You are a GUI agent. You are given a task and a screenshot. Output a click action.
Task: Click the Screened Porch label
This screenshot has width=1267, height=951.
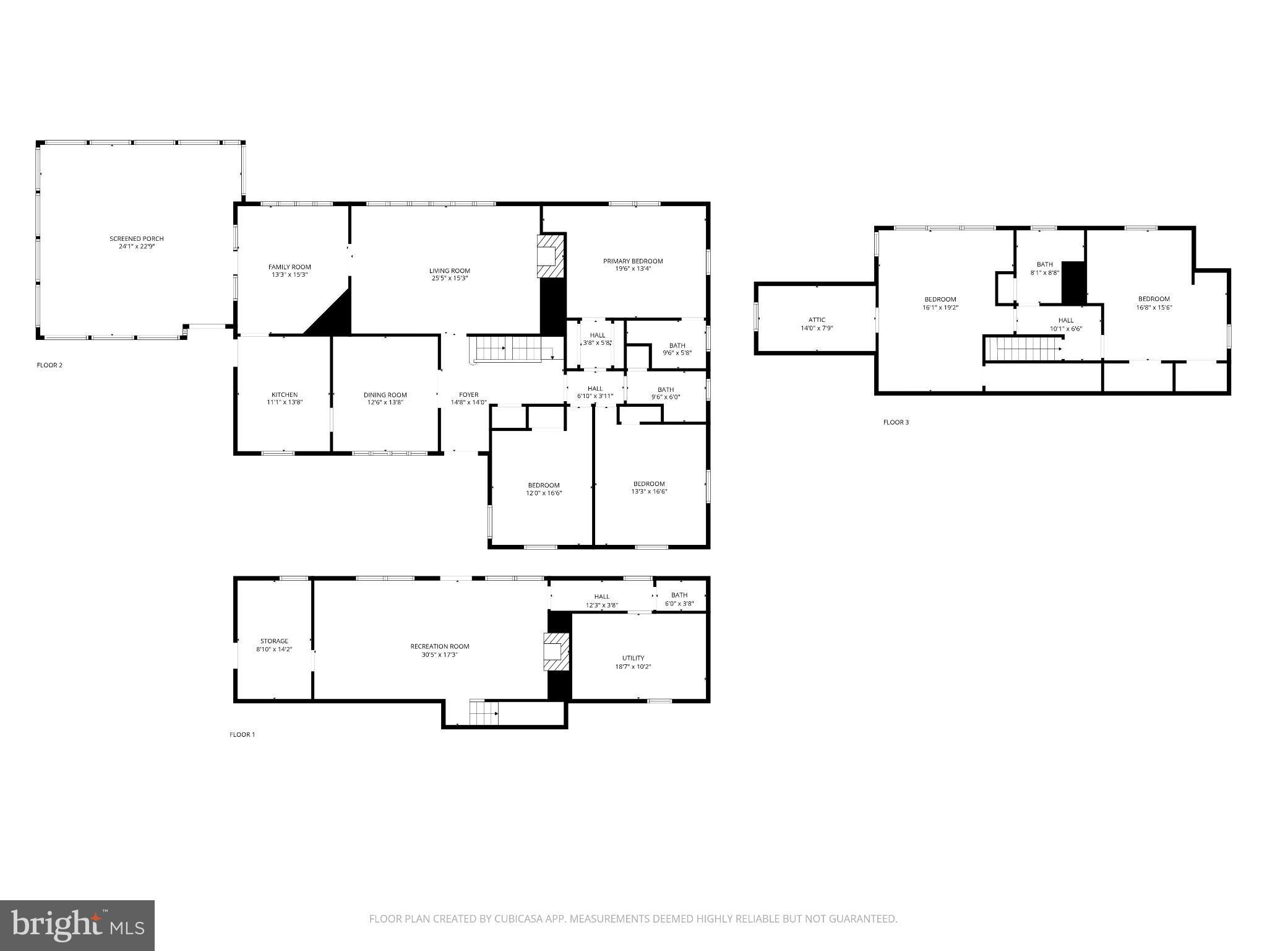tap(137, 238)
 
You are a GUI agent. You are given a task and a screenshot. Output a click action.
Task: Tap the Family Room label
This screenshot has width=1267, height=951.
tap(290, 267)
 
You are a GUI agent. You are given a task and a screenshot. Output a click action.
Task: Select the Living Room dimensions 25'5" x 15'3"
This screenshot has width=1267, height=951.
tap(450, 278)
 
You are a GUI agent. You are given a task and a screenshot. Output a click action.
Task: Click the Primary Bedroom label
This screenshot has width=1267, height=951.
tap(633, 261)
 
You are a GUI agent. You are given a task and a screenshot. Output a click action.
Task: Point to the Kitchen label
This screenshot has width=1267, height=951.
tap(285, 394)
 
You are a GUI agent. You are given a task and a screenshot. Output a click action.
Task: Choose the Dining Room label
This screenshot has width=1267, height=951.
tap(385, 394)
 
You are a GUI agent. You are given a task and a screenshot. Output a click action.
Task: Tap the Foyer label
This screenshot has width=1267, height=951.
tap(468, 394)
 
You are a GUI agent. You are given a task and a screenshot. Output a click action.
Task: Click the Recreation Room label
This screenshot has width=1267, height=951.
tap(440, 646)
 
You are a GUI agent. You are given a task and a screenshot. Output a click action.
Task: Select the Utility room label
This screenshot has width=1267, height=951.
tap(633, 658)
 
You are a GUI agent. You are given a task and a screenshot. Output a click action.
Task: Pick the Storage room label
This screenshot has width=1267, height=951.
tap(274, 641)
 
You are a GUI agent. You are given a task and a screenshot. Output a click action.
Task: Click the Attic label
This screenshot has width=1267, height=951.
tap(817, 320)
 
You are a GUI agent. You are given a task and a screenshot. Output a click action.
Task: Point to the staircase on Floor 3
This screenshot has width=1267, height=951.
tap(1023, 348)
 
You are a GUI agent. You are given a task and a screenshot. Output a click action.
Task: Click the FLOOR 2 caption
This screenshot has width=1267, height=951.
tap(49, 365)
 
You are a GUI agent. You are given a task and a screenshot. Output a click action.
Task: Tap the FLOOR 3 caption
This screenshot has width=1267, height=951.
tap(896, 422)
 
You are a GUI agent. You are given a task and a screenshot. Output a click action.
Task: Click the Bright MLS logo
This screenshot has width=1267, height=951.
tap(77, 925)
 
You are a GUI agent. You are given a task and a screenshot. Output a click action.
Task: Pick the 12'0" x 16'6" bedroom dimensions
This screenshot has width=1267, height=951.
tap(544, 493)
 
